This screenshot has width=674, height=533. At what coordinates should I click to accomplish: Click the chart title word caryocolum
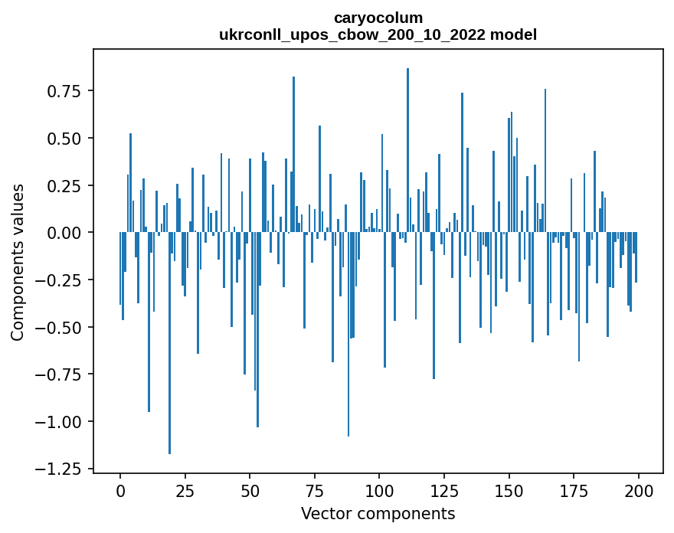point(378,18)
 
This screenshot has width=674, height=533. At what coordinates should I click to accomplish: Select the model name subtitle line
point(378,34)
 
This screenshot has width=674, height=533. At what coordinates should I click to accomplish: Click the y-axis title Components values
point(17,261)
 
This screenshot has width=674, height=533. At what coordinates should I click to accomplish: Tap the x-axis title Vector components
point(378,513)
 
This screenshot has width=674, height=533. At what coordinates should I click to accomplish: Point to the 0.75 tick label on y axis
point(64,91)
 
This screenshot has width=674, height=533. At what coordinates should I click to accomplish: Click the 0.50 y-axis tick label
point(64,139)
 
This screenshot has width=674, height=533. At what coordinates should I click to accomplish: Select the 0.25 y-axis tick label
point(64,186)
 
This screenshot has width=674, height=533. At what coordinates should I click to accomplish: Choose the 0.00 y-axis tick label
point(64,233)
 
